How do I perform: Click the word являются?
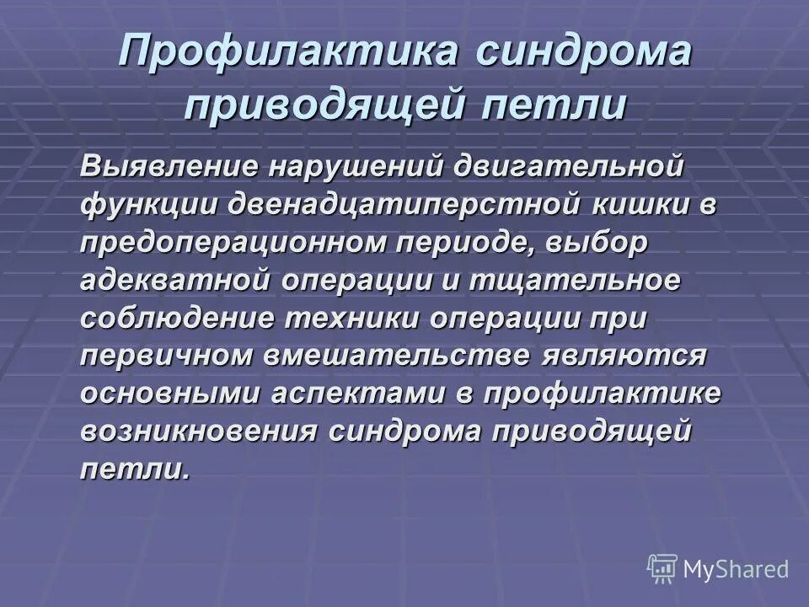pyautogui.click(x=630, y=355)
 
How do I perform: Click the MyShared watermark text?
pyautogui.click(x=736, y=569)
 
